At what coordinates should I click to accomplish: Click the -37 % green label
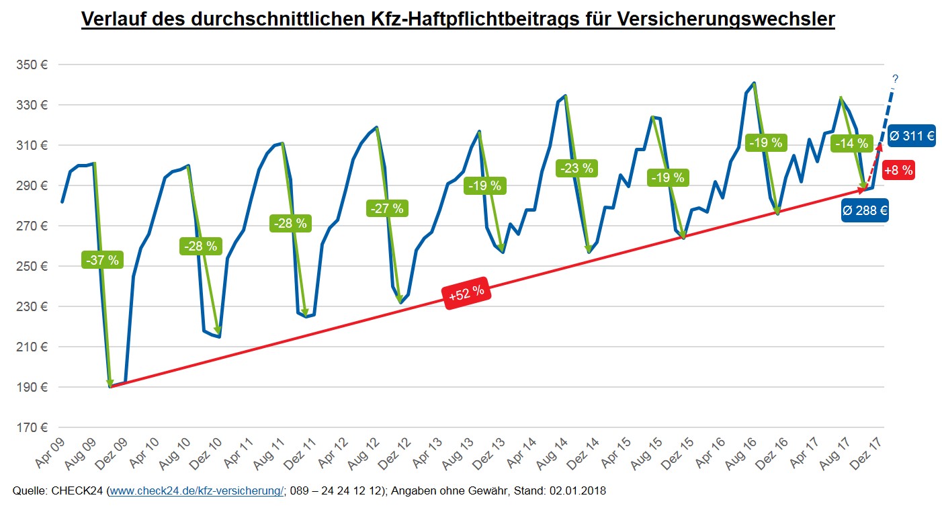tap(103, 259)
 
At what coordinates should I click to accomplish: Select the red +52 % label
tap(466, 294)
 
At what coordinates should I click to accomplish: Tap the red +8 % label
tap(898, 171)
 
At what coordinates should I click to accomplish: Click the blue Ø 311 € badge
tap(911, 136)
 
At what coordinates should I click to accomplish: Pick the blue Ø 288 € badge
tap(865, 210)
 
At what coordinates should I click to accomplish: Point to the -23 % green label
tap(575, 168)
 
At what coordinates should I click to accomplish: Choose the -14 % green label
tap(851, 143)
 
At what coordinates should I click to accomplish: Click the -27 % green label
tap(386, 208)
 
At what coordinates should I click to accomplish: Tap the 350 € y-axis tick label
tap(33, 65)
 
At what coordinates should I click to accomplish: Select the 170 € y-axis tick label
tap(33, 428)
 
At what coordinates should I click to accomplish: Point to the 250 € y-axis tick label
tap(33, 267)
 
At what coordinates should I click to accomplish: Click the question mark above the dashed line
tap(895, 79)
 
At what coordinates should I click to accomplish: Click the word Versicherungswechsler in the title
tap(725, 19)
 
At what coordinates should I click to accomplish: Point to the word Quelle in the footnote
tap(30, 491)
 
